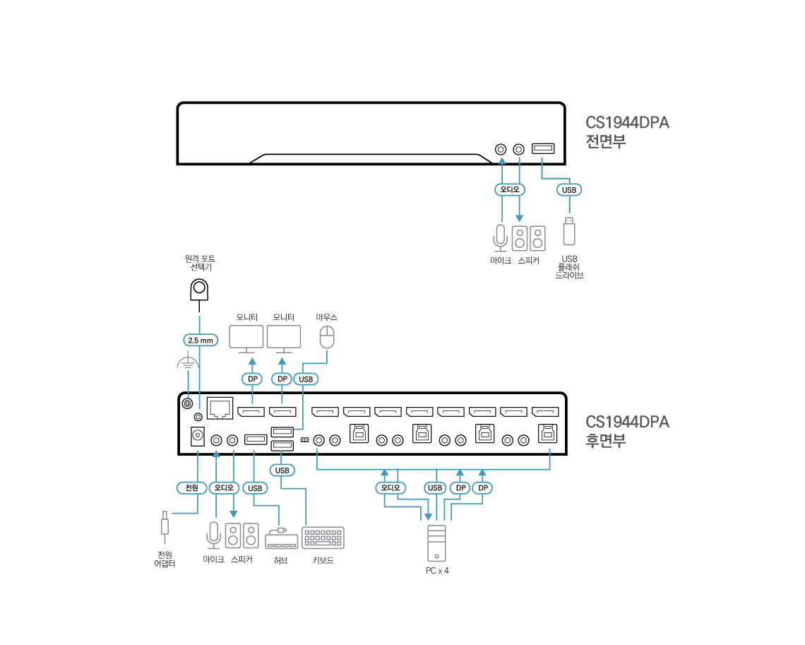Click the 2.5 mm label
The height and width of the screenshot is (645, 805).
[x=200, y=341]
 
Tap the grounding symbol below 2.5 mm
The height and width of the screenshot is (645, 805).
[x=187, y=364]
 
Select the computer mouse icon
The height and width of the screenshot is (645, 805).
[x=326, y=337]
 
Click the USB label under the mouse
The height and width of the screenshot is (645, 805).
[x=306, y=379]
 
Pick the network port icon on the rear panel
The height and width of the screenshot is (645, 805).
[x=220, y=408]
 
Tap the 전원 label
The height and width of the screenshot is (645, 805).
[x=191, y=487]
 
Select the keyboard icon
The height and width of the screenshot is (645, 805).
[x=323, y=538]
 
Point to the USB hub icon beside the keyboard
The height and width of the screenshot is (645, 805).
[x=281, y=539]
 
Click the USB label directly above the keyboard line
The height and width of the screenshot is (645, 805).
[x=282, y=471]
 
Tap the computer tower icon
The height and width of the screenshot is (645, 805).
[x=436, y=543]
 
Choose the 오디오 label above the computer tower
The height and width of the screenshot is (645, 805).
[x=390, y=487]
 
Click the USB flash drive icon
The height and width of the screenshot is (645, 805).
[x=568, y=232]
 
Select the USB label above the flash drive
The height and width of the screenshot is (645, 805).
[x=569, y=190]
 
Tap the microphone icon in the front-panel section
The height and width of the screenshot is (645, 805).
[x=500, y=238]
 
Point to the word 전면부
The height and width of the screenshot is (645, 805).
[x=606, y=141]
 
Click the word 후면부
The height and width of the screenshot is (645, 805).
[x=606, y=441]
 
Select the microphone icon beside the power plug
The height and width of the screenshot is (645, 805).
[x=213, y=535]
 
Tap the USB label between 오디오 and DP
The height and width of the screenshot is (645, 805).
[x=435, y=487]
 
